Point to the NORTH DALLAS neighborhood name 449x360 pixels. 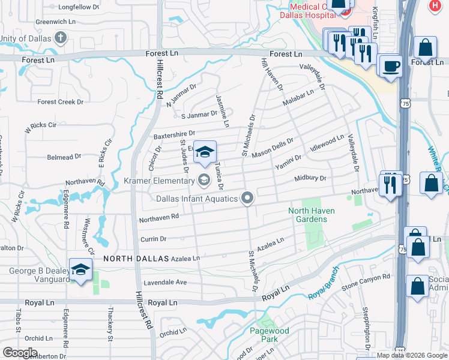coord(133,259)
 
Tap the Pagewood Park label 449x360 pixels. coord(270,335)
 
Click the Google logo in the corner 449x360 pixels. coord(19,353)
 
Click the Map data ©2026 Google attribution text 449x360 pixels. coord(412,355)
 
